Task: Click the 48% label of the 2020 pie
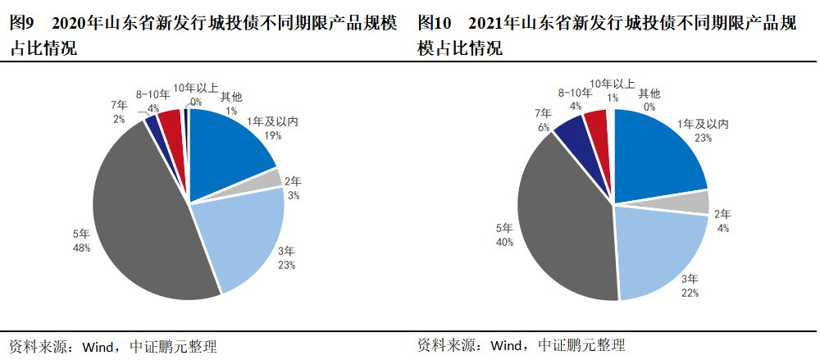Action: tap(81, 247)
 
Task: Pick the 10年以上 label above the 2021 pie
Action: tap(613, 84)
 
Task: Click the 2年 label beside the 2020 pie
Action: tap(294, 182)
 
